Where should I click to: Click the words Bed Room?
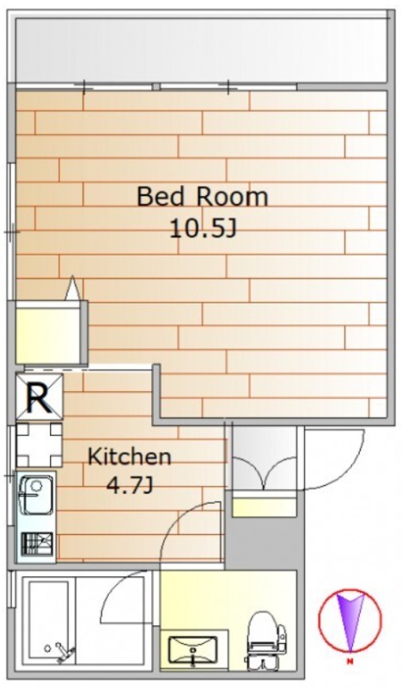coord(202,197)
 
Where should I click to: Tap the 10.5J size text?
coord(203,228)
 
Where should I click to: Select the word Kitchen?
coord(130,457)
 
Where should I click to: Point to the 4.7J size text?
coord(130,486)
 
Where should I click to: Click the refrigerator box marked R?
coord(40,396)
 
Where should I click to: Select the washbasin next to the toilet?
coord(193,649)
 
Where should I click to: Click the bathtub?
coord(49,622)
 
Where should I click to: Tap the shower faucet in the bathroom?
coord(60,653)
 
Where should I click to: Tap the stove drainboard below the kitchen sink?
coord(37,544)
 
